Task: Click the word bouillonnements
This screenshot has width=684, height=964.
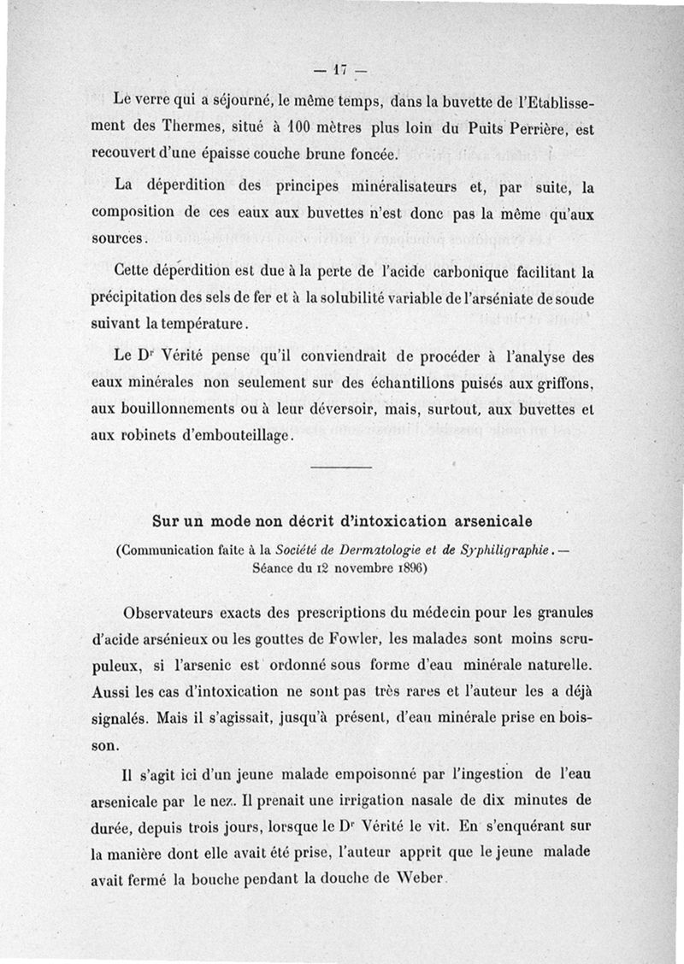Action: (190, 409)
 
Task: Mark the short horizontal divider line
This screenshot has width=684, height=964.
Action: (341, 467)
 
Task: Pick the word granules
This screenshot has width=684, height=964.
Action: (555, 614)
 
